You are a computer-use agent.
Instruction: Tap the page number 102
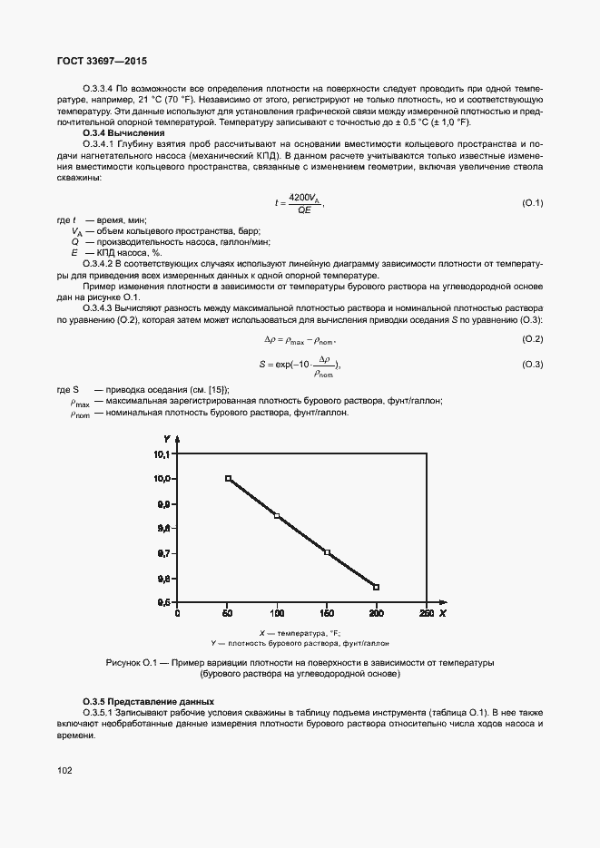pyautogui.click(x=64, y=770)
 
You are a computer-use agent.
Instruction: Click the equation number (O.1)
pyautogui.click(x=532, y=202)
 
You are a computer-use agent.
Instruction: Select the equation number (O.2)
pyautogui.click(x=532, y=339)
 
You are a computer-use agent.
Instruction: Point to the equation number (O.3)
pyautogui.click(x=532, y=364)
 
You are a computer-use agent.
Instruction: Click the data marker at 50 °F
pyautogui.click(x=228, y=478)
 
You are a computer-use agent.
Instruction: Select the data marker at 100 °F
pyautogui.click(x=277, y=516)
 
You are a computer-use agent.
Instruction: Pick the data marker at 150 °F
pyautogui.click(x=327, y=552)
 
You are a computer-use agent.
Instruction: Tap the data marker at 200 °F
pyautogui.click(x=377, y=587)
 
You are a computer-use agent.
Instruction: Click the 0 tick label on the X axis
pyautogui.click(x=178, y=613)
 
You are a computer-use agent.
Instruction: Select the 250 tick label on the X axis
pyautogui.click(x=426, y=613)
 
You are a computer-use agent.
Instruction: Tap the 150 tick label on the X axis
pyautogui.click(x=327, y=613)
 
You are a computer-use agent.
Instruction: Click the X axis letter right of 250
pyautogui.click(x=443, y=613)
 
